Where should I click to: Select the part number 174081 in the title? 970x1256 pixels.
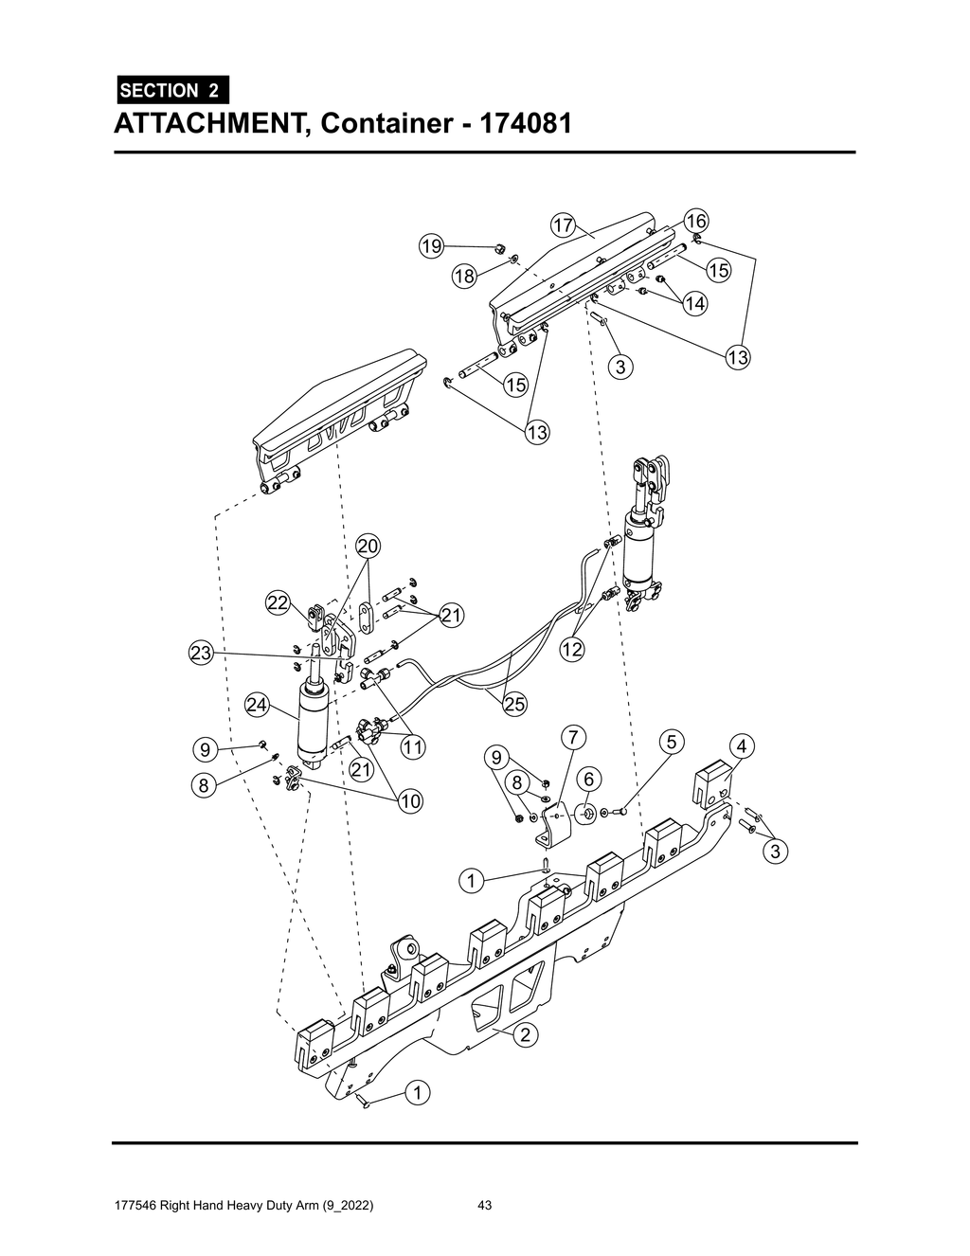tap(526, 124)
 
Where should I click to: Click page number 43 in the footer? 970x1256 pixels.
tap(484, 1206)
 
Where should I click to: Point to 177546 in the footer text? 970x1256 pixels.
tap(134, 1206)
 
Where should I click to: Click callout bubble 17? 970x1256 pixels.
tap(563, 225)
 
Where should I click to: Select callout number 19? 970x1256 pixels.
tap(432, 246)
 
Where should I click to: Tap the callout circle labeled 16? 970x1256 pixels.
tap(697, 220)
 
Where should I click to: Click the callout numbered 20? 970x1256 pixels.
tap(368, 547)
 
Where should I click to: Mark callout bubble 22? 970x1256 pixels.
tap(277, 603)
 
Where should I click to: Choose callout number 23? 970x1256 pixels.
tap(200, 654)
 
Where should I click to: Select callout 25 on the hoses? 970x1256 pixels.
tap(514, 704)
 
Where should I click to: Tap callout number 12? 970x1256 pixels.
tap(571, 650)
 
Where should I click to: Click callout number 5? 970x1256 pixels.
tap(671, 741)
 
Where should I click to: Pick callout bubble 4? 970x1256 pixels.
tap(742, 745)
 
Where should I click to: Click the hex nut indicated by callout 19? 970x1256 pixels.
tap(495, 249)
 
